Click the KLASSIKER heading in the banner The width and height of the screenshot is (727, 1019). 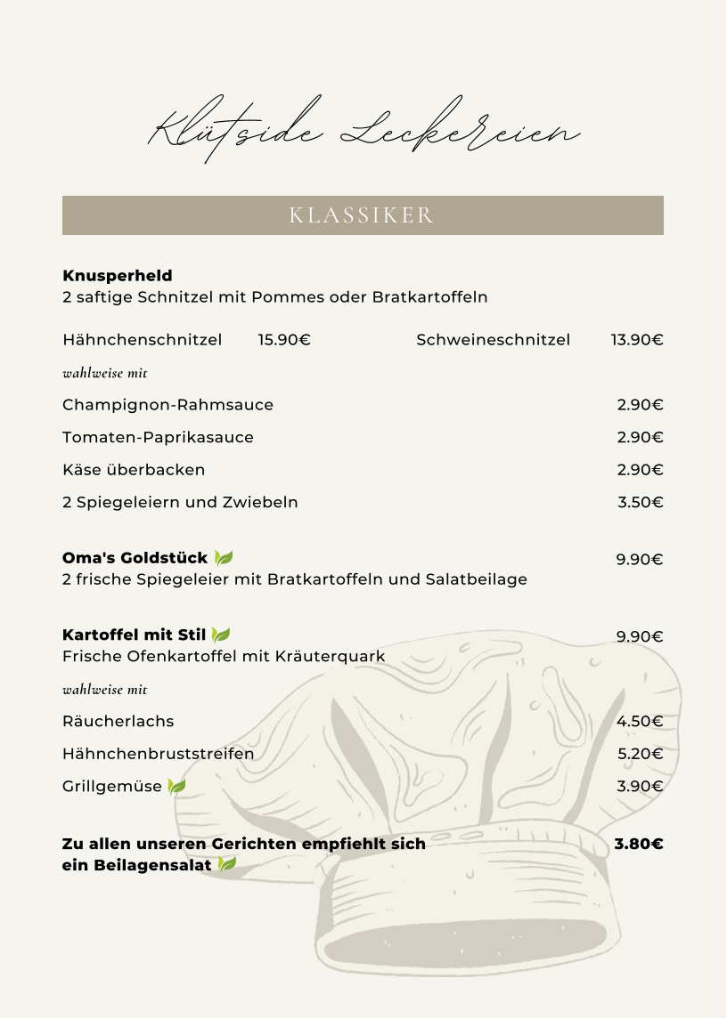click(x=362, y=215)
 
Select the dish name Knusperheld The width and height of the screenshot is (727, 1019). click(x=118, y=276)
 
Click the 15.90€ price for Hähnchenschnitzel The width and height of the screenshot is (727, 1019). click(x=284, y=340)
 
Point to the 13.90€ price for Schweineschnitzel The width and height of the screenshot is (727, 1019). click(x=637, y=340)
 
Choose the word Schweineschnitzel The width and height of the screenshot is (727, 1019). click(x=493, y=340)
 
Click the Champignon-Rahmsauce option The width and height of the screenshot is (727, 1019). click(x=167, y=405)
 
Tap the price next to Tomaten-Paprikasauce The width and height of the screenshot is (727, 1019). click(x=641, y=437)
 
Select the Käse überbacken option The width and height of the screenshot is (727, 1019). click(x=134, y=470)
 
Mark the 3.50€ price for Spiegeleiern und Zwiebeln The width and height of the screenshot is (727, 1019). click(x=641, y=502)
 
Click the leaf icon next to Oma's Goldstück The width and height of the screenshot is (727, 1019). click(x=223, y=558)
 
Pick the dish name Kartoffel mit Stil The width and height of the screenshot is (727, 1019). click(x=134, y=635)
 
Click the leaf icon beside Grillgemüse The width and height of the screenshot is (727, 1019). click(x=176, y=786)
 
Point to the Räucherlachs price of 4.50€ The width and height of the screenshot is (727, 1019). click(x=641, y=721)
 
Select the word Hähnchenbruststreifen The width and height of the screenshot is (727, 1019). click(x=158, y=754)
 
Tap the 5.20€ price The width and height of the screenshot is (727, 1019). click(x=641, y=754)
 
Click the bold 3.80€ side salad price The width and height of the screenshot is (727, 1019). click(x=639, y=844)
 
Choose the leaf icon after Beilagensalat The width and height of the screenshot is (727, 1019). click(x=227, y=864)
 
